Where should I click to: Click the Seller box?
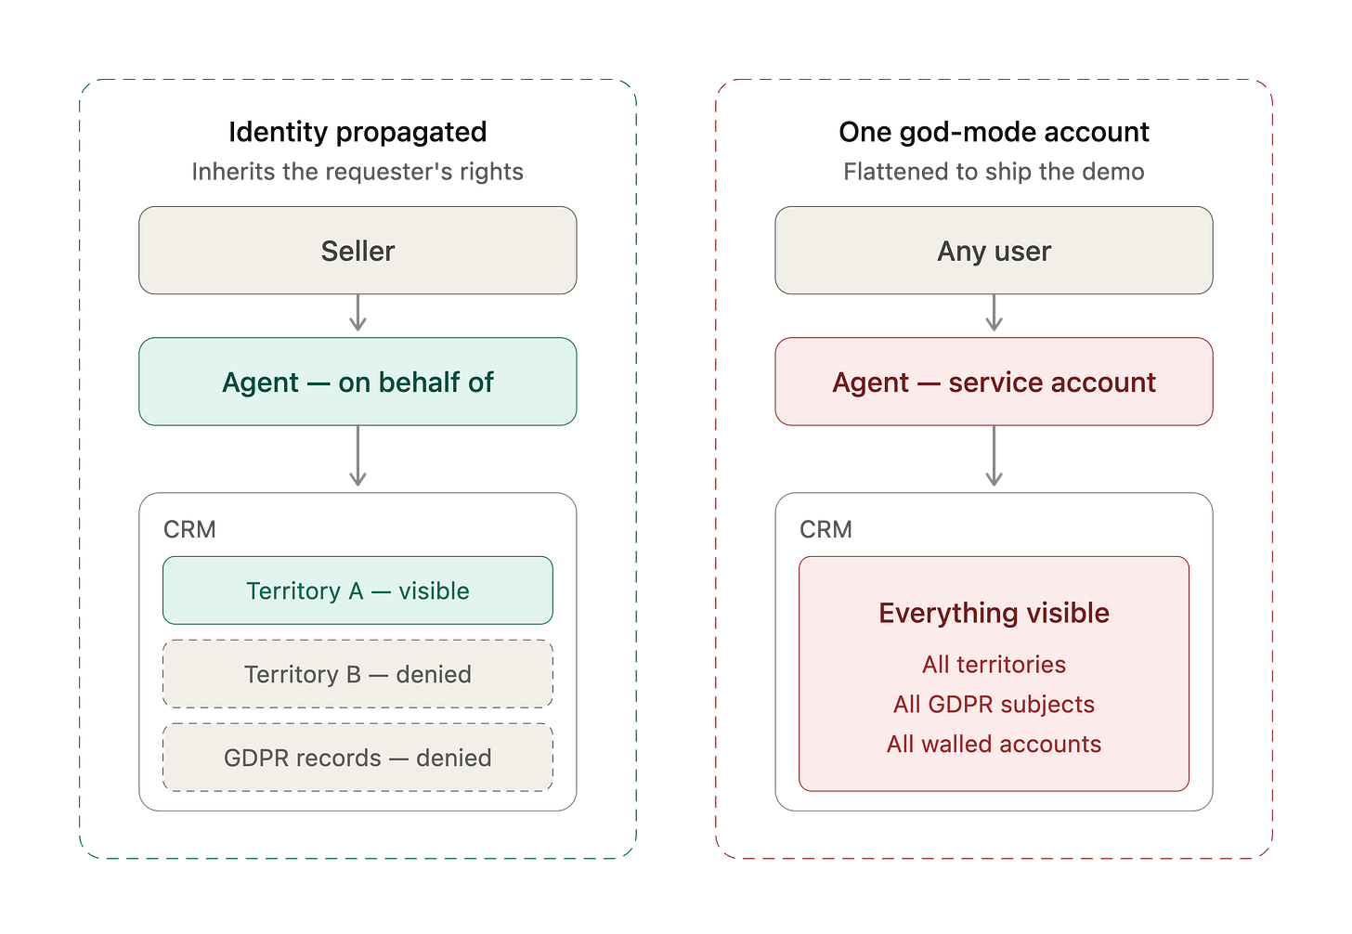[357, 251]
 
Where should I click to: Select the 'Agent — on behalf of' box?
[357, 382]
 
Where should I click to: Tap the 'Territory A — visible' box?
[357, 590]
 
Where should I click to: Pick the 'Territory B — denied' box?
[357, 673]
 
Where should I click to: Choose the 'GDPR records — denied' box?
[357, 758]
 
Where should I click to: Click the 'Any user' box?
[994, 251]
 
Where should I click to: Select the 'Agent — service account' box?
[994, 382]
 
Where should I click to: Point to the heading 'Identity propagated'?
[357, 132]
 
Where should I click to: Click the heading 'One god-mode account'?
[994, 132]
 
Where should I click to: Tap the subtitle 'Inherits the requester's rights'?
[357, 172]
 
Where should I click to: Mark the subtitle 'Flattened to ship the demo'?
[994, 172]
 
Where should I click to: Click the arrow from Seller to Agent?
[357, 313]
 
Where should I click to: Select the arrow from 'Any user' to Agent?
[994, 313]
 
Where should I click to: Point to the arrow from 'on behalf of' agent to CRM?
[357, 456]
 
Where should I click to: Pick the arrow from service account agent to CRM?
[994, 456]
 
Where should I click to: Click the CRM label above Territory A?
[189, 529]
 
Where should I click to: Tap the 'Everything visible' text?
[994, 613]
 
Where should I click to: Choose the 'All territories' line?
[994, 665]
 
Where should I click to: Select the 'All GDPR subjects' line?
[994, 704]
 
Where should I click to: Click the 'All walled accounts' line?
[994, 744]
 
